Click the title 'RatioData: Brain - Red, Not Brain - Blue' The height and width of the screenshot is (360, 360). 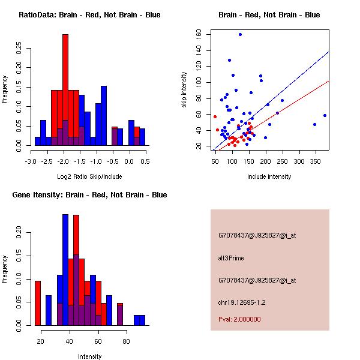89,14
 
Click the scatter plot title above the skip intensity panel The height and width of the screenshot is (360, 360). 269,14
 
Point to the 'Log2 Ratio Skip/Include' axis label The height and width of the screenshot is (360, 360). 89,176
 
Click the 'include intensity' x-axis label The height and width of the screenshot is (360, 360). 269,176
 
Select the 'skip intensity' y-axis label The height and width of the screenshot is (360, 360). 184,90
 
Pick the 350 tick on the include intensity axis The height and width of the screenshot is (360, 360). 314,161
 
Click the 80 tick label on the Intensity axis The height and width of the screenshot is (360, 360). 126,341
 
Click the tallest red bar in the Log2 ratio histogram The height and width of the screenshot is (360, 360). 65,90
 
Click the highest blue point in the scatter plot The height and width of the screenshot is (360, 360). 240,34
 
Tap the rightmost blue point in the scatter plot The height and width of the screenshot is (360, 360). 325,115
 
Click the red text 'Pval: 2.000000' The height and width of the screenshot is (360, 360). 239,319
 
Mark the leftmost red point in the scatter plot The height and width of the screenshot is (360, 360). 215,116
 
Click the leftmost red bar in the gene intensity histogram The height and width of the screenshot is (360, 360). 38,303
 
